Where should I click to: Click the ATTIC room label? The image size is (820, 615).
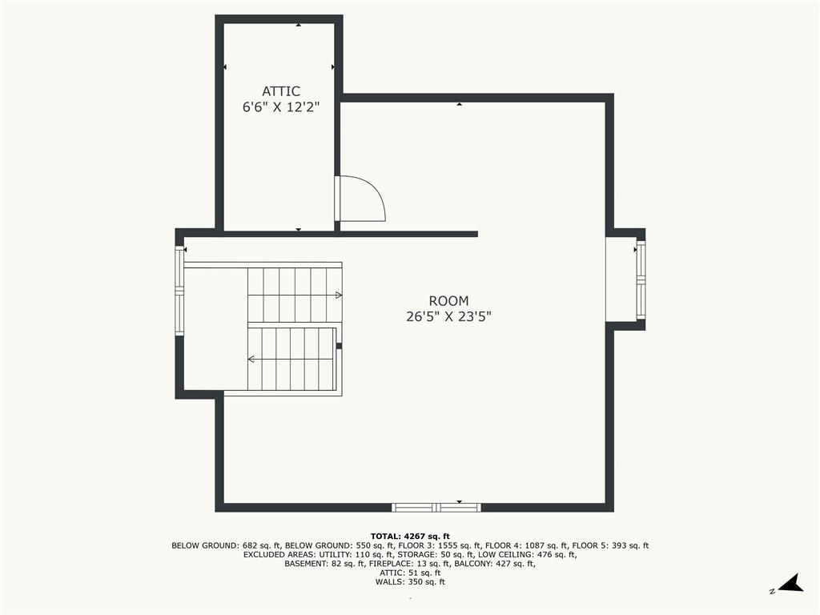click(x=281, y=91)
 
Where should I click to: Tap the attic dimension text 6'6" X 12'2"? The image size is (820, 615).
click(x=281, y=107)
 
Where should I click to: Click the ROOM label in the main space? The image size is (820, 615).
click(x=448, y=301)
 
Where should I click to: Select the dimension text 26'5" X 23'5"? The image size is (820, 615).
click(x=448, y=316)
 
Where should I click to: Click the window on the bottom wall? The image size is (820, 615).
click(x=436, y=507)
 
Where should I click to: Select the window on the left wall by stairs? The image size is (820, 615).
click(x=180, y=290)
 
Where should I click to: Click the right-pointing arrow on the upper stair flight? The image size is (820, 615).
click(x=338, y=295)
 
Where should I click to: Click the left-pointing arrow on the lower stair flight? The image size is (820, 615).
click(x=251, y=359)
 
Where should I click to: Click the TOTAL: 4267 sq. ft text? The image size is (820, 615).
click(x=410, y=536)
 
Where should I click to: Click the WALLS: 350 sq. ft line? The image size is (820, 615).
click(x=410, y=582)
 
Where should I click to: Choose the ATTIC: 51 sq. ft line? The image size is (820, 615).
click(x=410, y=573)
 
